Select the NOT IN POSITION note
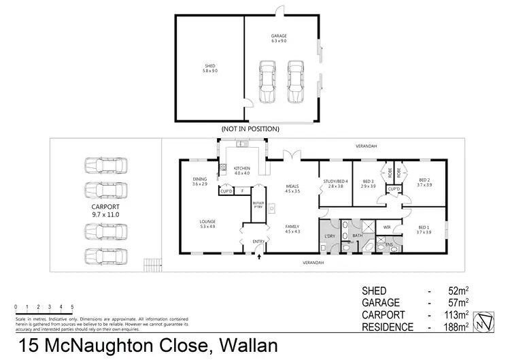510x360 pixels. click(251, 128)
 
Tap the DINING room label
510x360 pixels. click(199, 180)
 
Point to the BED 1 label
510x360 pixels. click(424, 229)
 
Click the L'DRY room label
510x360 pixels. click(330, 236)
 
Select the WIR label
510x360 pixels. click(386, 227)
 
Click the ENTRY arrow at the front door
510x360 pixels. click(257, 257)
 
